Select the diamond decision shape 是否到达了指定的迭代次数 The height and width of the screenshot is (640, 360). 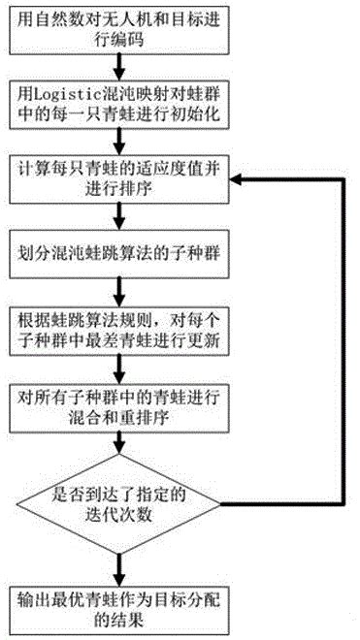(118, 504)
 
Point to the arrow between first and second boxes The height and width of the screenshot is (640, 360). (118, 64)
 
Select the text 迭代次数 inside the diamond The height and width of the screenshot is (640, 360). (118, 516)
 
